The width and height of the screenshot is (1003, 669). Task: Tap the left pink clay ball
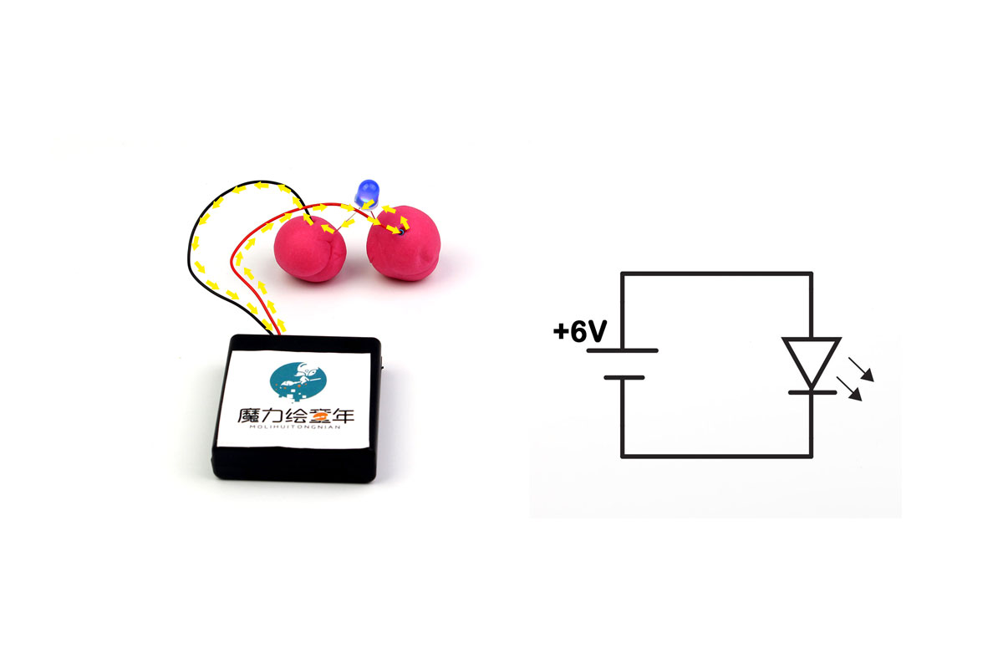(x=310, y=248)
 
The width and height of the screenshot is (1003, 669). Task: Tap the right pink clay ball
(x=404, y=243)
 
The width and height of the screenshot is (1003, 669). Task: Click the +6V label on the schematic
(x=580, y=331)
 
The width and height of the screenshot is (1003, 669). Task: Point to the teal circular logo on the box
(x=298, y=380)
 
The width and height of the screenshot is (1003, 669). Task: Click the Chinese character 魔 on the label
(x=247, y=416)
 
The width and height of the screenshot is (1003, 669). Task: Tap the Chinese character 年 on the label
(x=343, y=416)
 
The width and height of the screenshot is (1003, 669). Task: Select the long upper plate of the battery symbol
(x=622, y=350)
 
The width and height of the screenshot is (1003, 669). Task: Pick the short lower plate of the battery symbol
(x=624, y=378)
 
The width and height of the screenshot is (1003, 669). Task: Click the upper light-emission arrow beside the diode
(x=861, y=370)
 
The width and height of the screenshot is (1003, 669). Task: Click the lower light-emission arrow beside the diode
(x=849, y=389)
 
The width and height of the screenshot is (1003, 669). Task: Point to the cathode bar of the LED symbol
(x=812, y=392)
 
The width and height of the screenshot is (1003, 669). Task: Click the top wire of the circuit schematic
(x=716, y=273)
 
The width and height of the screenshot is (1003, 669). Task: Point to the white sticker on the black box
(x=294, y=400)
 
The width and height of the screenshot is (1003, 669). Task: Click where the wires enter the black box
(x=275, y=334)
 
